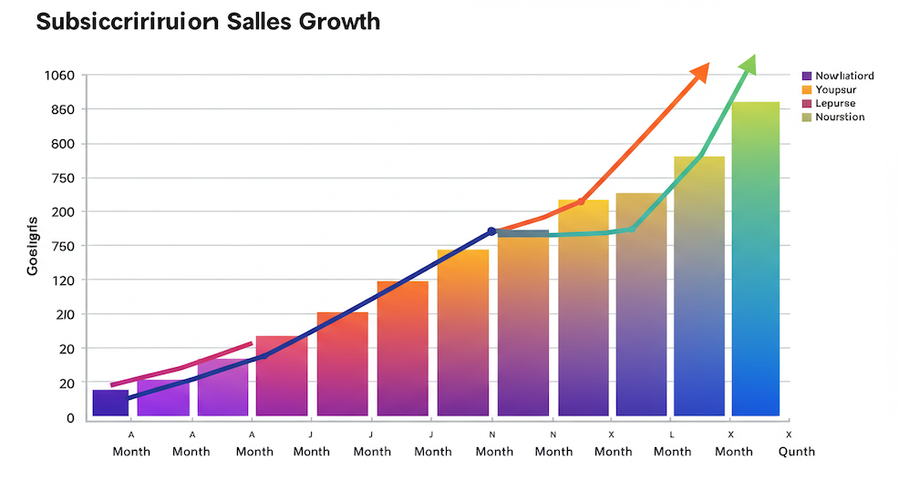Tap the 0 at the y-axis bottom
(x=69, y=418)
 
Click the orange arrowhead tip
(x=707, y=66)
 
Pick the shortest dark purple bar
(x=110, y=403)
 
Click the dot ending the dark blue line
(x=491, y=231)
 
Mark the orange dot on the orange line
(x=581, y=201)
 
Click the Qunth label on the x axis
(x=796, y=452)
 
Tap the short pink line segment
(x=181, y=365)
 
